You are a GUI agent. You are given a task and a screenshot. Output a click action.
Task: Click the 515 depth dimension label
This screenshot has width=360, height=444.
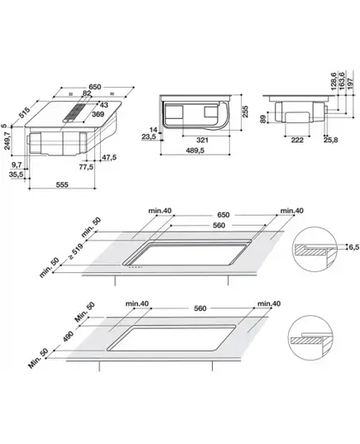coord(24,112)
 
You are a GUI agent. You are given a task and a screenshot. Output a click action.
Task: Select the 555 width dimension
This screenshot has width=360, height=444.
coord(62,184)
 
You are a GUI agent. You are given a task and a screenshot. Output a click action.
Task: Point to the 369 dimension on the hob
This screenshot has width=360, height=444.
coord(98,114)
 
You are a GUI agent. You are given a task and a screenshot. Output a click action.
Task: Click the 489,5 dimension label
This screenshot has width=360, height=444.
coord(195,150)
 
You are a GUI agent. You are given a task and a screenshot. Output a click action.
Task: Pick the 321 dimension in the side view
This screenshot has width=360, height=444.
coord(203,140)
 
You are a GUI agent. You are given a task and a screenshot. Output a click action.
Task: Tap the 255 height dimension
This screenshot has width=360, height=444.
coord(245,112)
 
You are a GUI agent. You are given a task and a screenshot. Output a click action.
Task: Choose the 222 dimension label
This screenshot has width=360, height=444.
coord(297,140)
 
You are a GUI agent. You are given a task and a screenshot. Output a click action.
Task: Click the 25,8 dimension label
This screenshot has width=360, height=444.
coord(331,140)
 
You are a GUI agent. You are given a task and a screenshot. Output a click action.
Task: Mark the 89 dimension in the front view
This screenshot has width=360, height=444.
coord(263,119)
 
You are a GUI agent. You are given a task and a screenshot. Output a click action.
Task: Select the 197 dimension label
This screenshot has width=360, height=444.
coord(351,84)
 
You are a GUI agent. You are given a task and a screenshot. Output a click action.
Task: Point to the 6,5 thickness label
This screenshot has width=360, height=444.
coord(354,247)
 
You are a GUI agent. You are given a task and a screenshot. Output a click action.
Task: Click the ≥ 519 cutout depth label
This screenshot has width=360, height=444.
coord(75,251)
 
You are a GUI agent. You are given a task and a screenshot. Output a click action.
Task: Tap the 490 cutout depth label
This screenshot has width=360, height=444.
coord(69,337)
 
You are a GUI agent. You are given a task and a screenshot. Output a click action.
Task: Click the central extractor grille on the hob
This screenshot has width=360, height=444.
coord(75,112)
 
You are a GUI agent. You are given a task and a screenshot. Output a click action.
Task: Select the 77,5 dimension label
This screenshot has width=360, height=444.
coord(86,167)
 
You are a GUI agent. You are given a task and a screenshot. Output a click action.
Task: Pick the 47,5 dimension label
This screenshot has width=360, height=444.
coord(109,157)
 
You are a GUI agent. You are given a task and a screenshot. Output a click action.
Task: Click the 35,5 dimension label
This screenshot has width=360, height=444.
coord(17,174)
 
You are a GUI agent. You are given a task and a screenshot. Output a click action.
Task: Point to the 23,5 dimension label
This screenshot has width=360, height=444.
coord(149,137)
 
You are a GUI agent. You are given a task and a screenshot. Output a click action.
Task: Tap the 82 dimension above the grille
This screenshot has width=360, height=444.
coord(87,93)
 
